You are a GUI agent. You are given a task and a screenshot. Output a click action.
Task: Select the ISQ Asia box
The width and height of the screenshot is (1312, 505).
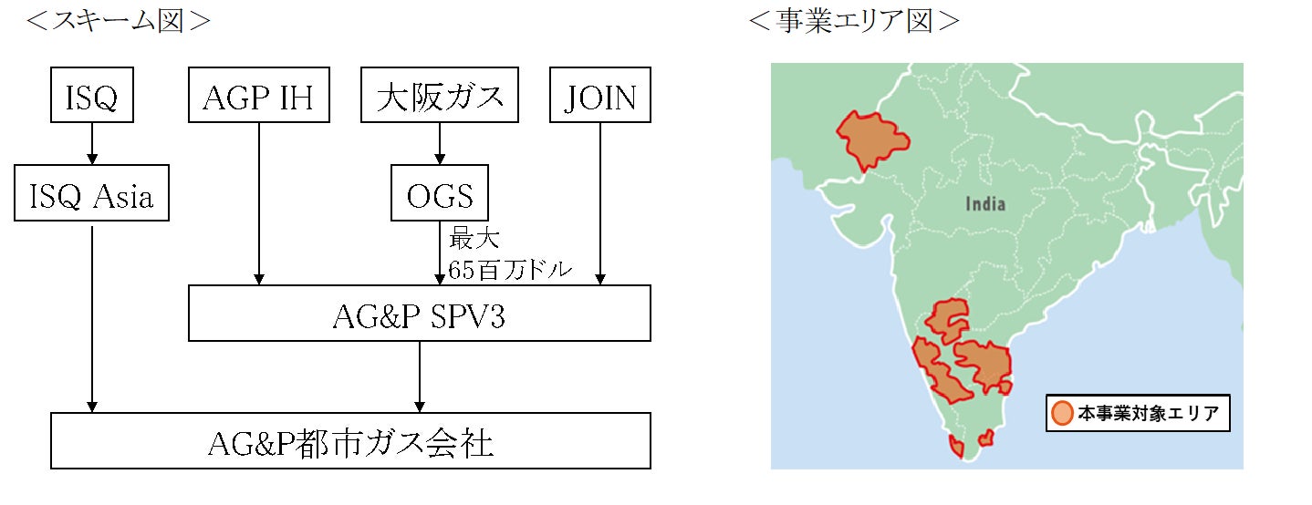tap(91, 193)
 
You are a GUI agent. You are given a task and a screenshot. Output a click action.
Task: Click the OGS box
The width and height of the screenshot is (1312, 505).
tap(439, 193)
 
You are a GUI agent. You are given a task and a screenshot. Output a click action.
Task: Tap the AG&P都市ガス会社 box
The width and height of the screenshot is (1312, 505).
tap(351, 441)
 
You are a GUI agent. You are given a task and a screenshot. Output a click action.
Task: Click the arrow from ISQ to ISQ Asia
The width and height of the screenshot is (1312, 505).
tap(91, 143)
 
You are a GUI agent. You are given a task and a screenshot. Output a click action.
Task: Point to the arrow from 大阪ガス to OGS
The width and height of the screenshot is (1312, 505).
tap(440, 143)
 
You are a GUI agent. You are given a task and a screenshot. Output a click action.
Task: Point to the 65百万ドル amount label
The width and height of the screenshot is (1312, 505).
tap(510, 269)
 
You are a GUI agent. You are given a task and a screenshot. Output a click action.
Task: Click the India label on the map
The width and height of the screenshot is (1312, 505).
tap(985, 203)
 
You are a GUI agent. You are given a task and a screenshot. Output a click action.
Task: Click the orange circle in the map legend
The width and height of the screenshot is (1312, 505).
tap(1061, 413)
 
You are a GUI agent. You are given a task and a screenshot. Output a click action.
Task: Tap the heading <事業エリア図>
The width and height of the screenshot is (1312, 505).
tap(853, 21)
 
